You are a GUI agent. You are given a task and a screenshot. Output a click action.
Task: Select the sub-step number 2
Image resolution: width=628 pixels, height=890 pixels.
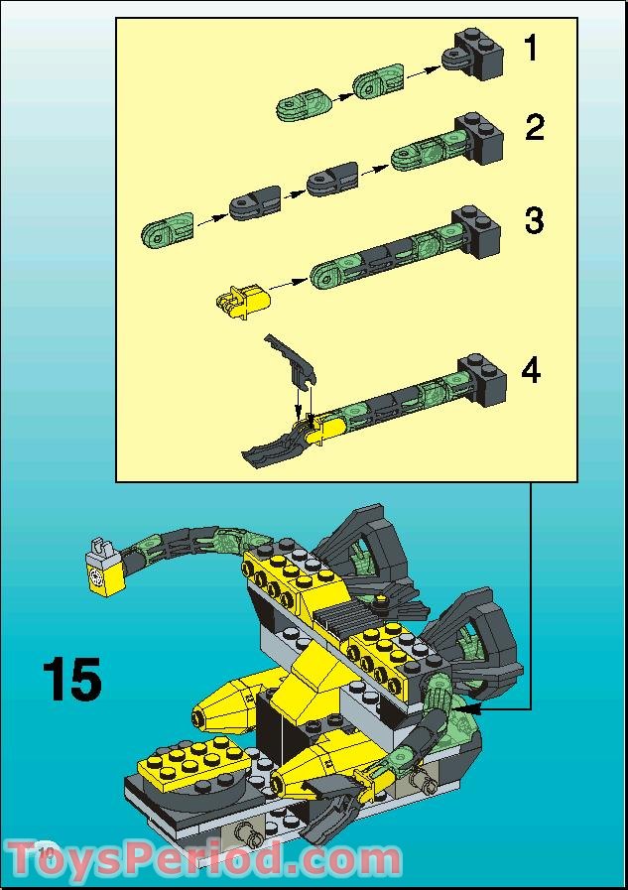click(x=535, y=127)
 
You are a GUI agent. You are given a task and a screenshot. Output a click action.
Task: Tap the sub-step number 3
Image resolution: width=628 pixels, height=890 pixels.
click(x=534, y=219)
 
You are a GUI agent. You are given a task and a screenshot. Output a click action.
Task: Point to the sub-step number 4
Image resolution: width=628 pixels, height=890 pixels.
click(x=532, y=371)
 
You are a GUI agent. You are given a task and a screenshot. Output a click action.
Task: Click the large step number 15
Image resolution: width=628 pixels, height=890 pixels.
click(x=71, y=680)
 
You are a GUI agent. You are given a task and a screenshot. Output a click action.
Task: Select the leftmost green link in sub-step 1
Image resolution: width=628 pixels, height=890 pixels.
click(x=302, y=102)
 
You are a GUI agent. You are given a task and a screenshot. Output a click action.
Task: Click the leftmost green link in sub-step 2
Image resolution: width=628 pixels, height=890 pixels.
click(x=167, y=230)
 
